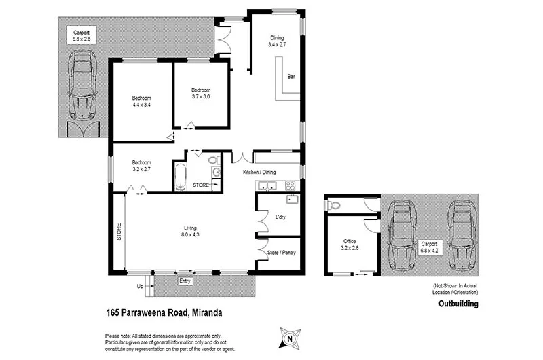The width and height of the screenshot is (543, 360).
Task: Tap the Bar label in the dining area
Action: tap(291, 76)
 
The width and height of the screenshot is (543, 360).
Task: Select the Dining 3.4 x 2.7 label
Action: tap(276, 41)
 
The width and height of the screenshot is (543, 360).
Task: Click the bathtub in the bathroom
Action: tap(181, 177)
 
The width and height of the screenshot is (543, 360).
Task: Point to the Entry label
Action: tap(185, 281)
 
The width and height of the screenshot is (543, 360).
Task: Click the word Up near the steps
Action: tap(141, 286)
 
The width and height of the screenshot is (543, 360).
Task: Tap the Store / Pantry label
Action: tap(282, 253)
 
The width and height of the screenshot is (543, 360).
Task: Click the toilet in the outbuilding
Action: tap(333, 204)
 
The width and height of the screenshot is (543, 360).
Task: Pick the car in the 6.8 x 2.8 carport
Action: tap(83, 87)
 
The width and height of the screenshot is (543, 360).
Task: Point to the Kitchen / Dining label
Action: tap(260, 173)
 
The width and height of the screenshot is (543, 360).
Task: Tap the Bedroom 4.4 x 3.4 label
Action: tap(141, 101)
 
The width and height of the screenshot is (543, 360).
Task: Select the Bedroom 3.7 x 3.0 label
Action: tap(200, 94)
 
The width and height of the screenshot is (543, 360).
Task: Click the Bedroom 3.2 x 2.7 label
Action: tap(141, 166)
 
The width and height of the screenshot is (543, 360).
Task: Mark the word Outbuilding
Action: tap(458, 304)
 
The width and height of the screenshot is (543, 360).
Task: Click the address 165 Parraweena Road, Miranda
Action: tap(164, 313)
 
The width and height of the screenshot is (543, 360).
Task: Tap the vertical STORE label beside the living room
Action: tap(118, 232)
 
